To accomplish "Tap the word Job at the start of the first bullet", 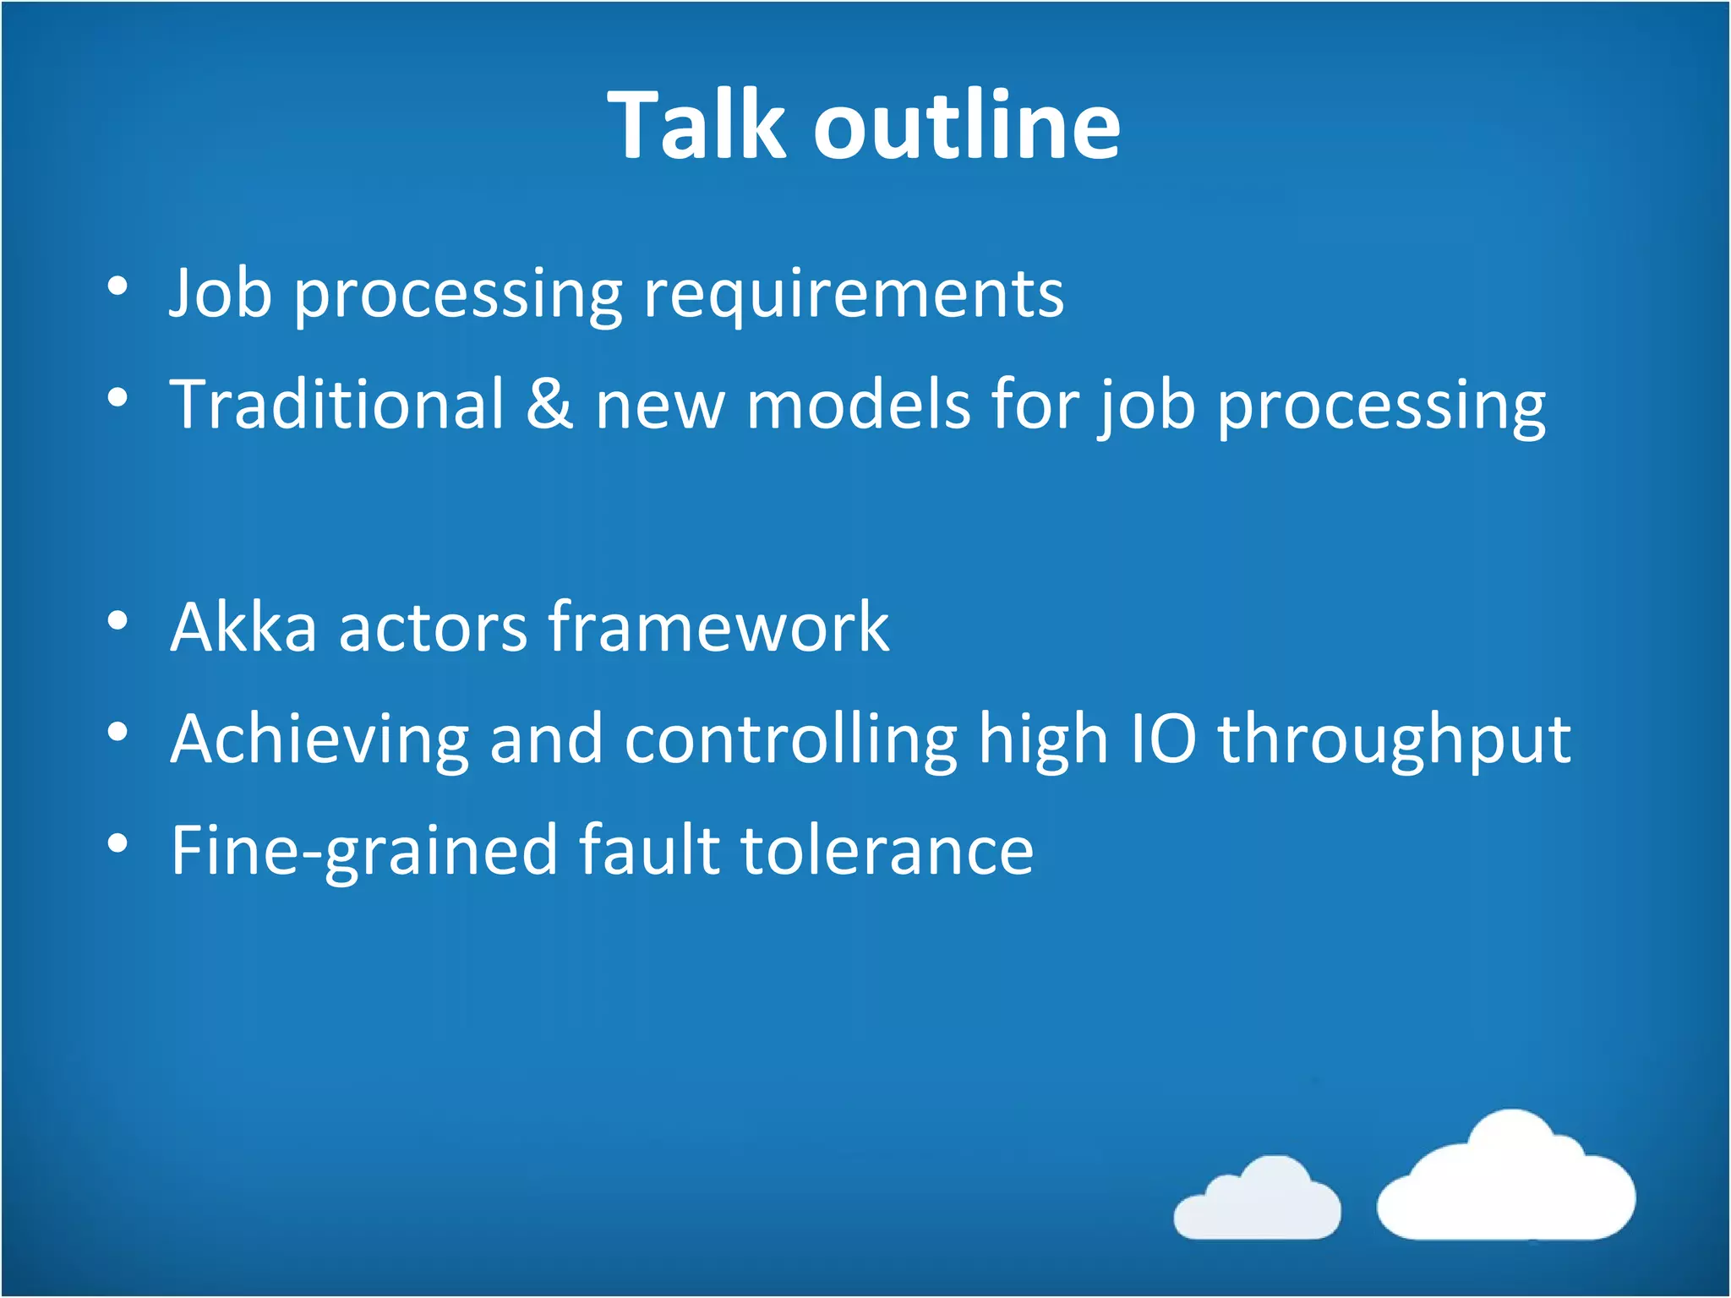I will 221,293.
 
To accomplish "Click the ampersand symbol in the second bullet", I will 549,404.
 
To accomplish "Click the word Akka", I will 243,627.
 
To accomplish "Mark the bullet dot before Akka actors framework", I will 118,621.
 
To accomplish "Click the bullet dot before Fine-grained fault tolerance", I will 118,843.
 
